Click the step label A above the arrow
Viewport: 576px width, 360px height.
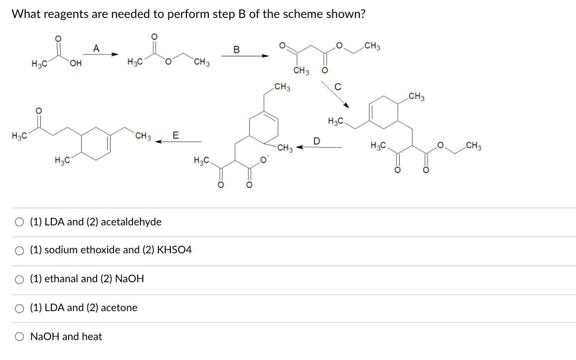pos(96,48)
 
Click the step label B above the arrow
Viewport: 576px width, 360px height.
pos(237,50)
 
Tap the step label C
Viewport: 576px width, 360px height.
pos(338,86)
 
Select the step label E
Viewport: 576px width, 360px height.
pos(175,135)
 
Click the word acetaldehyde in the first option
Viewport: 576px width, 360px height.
pos(131,222)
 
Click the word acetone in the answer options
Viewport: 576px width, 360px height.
pos(119,308)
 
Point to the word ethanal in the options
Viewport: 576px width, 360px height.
pos(61,279)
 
